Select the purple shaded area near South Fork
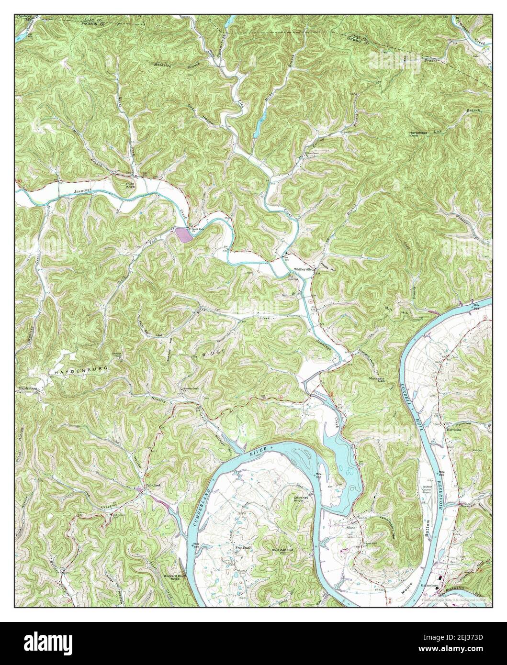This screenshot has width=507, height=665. click(182, 234)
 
